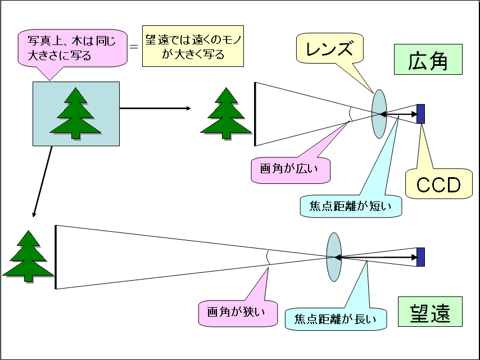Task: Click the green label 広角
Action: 428,61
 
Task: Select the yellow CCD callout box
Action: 438,183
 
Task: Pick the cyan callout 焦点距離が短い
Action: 351,206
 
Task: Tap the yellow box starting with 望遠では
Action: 193,47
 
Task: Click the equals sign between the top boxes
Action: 133,47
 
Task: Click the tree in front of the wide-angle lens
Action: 226,115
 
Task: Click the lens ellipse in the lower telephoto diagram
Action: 334,256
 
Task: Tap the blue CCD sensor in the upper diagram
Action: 420,114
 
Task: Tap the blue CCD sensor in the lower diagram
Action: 420,256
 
